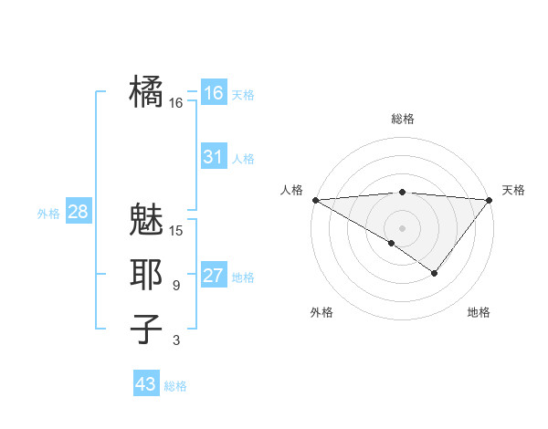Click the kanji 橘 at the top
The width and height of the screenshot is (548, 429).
[x=146, y=92]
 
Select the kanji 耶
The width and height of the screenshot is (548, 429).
[x=146, y=275]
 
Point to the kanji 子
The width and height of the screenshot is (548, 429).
[x=146, y=330]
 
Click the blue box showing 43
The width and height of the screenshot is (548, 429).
[x=146, y=384]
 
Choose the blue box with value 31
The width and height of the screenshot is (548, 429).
[x=213, y=157]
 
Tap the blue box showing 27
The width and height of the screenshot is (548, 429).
[x=213, y=276]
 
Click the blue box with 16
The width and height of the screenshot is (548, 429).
[x=213, y=92]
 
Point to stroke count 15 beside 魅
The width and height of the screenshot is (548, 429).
[x=176, y=231]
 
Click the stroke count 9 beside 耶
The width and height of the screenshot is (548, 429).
[x=176, y=286]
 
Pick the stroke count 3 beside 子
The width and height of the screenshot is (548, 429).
[x=176, y=340]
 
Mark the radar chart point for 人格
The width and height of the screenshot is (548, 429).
[x=315, y=200]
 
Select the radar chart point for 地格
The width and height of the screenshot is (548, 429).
[x=435, y=273]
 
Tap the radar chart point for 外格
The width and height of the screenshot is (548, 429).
[x=392, y=243]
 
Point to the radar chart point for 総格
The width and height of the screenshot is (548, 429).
[x=403, y=192]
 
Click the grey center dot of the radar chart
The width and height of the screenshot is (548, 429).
[x=403, y=227]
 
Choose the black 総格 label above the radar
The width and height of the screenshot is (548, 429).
[x=403, y=119]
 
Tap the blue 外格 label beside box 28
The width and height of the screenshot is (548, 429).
[x=48, y=214]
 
